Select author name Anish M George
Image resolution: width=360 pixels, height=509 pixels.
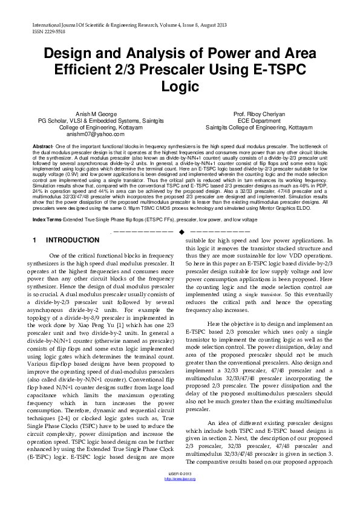click(x=90, y=114)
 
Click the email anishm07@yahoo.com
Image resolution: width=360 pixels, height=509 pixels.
click(x=90, y=134)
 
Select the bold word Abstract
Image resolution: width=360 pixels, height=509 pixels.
click(x=43, y=147)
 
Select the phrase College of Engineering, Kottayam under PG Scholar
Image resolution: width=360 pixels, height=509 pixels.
click(x=90, y=128)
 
